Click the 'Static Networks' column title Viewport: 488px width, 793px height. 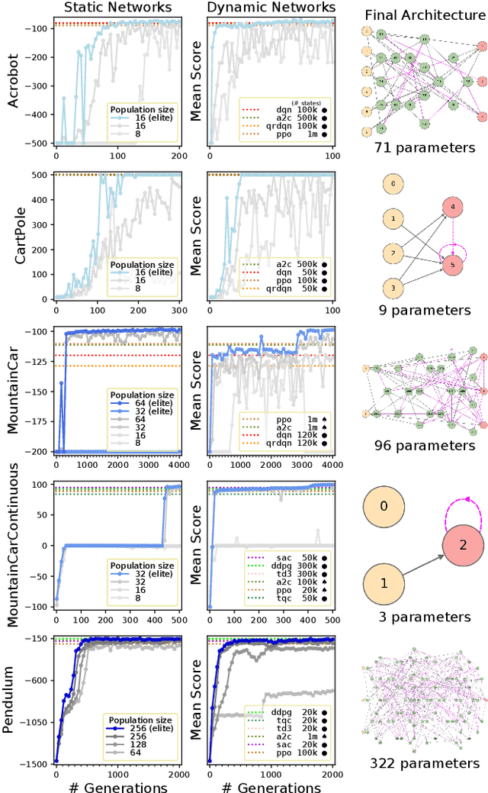[x=117, y=8]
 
